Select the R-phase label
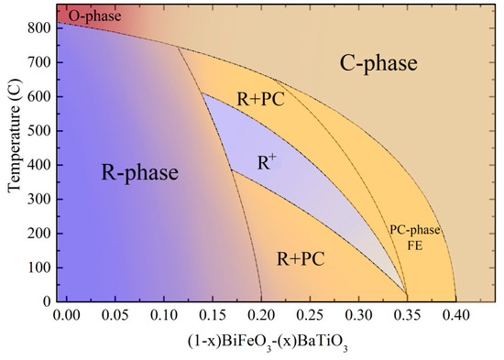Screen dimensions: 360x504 point(138,172)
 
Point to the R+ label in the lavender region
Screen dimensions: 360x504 point(268,164)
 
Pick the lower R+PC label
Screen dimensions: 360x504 point(302,259)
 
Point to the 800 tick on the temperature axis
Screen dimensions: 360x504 point(40,28)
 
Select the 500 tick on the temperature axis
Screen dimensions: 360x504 point(40,131)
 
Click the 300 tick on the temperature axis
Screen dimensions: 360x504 point(40,199)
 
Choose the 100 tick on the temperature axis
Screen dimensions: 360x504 point(40,267)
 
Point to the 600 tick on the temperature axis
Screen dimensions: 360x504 point(40,97)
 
